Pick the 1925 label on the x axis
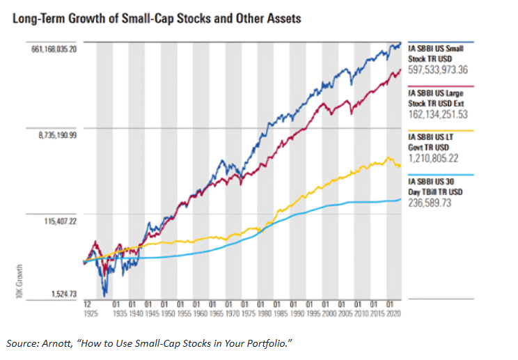[x=87, y=313]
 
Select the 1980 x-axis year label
[x=262, y=313]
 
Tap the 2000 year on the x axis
[x=327, y=313]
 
